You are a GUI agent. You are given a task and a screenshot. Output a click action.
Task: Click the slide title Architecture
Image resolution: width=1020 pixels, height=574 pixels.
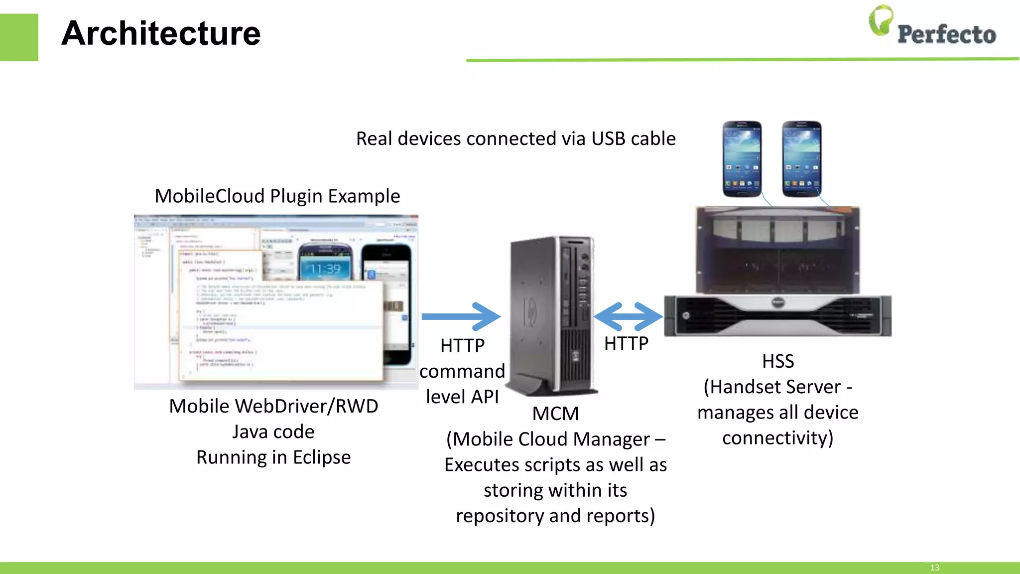(x=161, y=34)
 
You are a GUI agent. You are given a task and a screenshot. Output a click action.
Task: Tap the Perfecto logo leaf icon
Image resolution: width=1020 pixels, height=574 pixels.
(x=881, y=21)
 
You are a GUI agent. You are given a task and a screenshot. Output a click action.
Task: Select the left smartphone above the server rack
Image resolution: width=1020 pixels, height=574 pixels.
(x=742, y=158)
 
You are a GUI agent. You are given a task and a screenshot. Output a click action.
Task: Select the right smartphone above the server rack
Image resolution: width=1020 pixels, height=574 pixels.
(x=801, y=158)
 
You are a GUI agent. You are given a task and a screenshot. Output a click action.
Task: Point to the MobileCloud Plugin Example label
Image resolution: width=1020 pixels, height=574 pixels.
(x=277, y=196)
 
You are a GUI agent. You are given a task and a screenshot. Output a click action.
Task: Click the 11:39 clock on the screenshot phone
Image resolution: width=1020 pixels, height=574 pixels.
(x=326, y=270)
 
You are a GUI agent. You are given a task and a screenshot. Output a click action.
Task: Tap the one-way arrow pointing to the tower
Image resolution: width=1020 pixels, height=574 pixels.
(x=461, y=316)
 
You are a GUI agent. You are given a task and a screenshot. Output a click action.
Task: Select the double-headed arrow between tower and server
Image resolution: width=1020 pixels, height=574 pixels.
(x=628, y=316)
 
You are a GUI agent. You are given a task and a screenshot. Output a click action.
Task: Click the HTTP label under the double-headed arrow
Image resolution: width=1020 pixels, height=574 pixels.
(x=626, y=343)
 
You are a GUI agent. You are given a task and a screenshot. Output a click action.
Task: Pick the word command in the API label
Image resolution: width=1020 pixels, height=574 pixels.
(x=462, y=371)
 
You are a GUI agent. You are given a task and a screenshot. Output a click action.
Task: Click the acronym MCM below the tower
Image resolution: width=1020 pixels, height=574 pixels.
(x=555, y=414)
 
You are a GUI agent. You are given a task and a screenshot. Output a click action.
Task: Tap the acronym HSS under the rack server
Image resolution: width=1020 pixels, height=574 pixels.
(x=778, y=361)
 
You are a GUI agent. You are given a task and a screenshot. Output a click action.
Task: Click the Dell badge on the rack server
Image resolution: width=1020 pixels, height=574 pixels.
(x=777, y=302)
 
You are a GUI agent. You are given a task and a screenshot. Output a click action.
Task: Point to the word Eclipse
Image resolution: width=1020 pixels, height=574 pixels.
(x=322, y=457)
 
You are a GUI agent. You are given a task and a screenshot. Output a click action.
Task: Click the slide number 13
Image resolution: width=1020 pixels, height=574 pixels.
(x=934, y=568)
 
